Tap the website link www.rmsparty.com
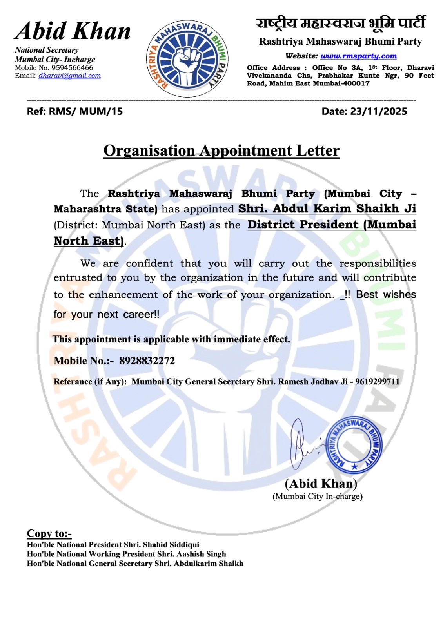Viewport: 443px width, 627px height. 358,56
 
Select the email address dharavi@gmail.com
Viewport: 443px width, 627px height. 69,76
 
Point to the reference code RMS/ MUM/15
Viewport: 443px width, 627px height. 85,112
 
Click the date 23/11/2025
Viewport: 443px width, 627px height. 378,112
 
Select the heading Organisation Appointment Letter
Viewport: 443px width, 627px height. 221,151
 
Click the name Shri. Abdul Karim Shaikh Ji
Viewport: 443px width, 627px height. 327,208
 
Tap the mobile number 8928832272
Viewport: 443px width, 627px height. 147,361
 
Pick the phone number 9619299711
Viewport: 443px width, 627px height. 377,382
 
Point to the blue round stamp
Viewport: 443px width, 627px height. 354,446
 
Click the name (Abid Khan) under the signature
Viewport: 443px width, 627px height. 321,484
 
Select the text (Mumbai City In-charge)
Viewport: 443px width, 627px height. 317,497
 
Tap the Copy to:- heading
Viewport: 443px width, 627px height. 49,533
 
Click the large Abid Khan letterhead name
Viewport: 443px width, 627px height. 73,31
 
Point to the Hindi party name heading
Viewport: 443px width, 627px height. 340,24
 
